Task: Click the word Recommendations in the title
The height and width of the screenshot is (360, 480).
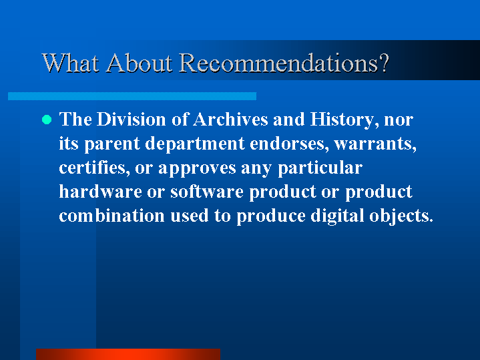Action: [284, 63]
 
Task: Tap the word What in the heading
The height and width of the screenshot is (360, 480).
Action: [70, 63]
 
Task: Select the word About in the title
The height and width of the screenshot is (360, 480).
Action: [139, 63]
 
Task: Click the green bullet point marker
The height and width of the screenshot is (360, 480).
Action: [47, 120]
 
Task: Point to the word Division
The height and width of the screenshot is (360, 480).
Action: [131, 119]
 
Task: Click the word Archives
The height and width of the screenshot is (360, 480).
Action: [230, 119]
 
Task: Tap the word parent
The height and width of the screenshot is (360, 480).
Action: [111, 144]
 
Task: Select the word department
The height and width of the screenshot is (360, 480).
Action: [195, 144]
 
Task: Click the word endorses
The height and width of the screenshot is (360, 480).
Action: [289, 144]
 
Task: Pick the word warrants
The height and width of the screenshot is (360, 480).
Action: [375, 144]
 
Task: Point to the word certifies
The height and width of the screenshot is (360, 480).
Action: [94, 168]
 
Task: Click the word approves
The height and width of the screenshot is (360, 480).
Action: [197, 168]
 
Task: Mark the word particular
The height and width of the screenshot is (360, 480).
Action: [320, 168]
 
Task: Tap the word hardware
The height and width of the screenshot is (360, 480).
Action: [100, 192]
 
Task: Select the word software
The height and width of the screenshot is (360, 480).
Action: [207, 192]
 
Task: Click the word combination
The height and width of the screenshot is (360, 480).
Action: [111, 216]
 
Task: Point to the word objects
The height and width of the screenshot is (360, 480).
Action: [401, 216]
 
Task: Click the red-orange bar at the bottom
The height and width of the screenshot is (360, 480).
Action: [128, 354]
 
